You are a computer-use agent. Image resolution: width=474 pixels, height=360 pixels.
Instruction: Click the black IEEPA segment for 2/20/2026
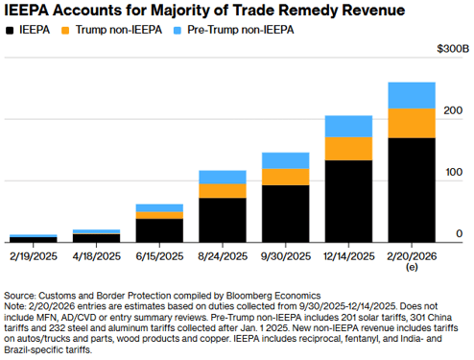click(412, 190)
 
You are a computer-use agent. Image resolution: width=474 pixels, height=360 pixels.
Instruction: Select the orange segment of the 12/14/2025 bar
click(348, 149)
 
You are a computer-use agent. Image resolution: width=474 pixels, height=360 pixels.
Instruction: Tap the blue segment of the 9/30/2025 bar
click(286, 160)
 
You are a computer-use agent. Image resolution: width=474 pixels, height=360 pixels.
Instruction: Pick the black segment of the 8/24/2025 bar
click(223, 220)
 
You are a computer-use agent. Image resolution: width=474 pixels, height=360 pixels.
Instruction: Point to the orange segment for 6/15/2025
click(159, 215)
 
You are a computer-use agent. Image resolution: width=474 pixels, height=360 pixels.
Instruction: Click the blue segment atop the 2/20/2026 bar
click(412, 96)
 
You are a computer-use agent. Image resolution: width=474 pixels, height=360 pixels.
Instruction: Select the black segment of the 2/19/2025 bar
click(34, 240)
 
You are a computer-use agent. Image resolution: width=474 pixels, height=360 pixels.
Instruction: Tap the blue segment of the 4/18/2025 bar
click(97, 231)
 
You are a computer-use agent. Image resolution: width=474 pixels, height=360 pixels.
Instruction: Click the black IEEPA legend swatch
click(10, 31)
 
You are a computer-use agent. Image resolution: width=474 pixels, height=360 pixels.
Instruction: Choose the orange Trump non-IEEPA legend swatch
click(65, 31)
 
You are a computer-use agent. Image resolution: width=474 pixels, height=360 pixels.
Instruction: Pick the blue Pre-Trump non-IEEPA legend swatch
click(178, 31)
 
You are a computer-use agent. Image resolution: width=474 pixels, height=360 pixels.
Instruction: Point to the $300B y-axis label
click(453, 49)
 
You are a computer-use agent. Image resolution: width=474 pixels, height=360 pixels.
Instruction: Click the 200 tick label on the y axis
click(453, 110)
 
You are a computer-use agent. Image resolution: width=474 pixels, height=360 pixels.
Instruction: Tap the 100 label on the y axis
click(454, 172)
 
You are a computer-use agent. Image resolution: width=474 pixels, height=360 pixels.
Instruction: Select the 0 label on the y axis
click(460, 234)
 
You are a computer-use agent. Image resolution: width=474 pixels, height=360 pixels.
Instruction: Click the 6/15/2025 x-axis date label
click(159, 256)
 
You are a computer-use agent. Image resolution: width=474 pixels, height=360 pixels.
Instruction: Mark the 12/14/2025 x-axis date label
click(348, 256)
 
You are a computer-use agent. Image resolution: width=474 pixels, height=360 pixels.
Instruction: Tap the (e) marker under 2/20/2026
click(412, 267)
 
